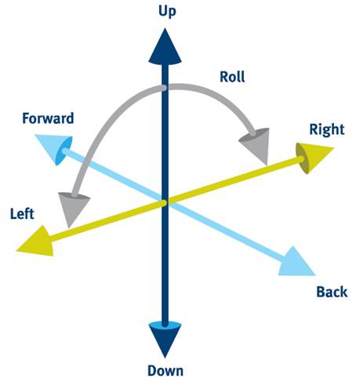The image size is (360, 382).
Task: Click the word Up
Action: pyautogui.click(x=167, y=12)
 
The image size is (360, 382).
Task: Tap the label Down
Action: pyautogui.click(x=165, y=370)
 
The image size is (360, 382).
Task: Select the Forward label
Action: pyautogui.click(x=48, y=118)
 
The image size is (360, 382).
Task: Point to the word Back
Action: pyautogui.click(x=332, y=292)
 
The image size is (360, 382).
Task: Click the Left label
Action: pyautogui.click(x=22, y=213)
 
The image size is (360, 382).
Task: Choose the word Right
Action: pyautogui.click(x=327, y=129)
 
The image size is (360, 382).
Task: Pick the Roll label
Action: pyautogui.click(x=232, y=77)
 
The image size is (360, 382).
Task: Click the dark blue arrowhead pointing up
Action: pyautogui.click(x=165, y=46)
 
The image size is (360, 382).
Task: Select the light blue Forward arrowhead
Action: pyautogui.click(x=55, y=148)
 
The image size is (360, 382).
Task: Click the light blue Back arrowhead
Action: pyautogui.click(x=296, y=263)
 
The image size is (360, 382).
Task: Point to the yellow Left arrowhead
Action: pyautogui.click(x=37, y=242)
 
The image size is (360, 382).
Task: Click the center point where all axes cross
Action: pyautogui.click(x=165, y=202)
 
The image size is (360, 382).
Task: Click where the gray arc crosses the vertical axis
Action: pyautogui.click(x=165, y=88)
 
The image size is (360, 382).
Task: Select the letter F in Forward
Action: pyautogui.click(x=26, y=118)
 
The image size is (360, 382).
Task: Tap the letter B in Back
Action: pyautogui.click(x=321, y=292)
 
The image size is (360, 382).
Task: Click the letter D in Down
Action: pyautogui.click(x=152, y=370)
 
